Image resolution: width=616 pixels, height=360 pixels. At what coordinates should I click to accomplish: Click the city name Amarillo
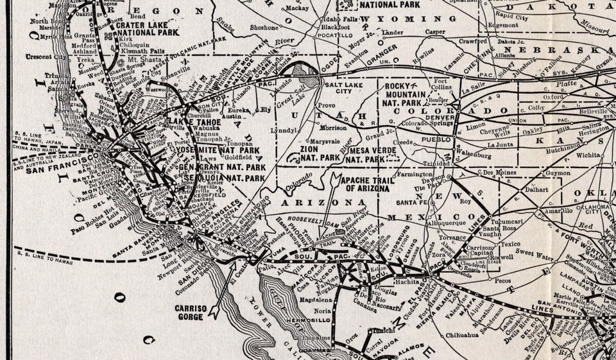(x=542, y=210)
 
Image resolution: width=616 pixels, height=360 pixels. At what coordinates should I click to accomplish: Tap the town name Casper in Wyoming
(x=434, y=31)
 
